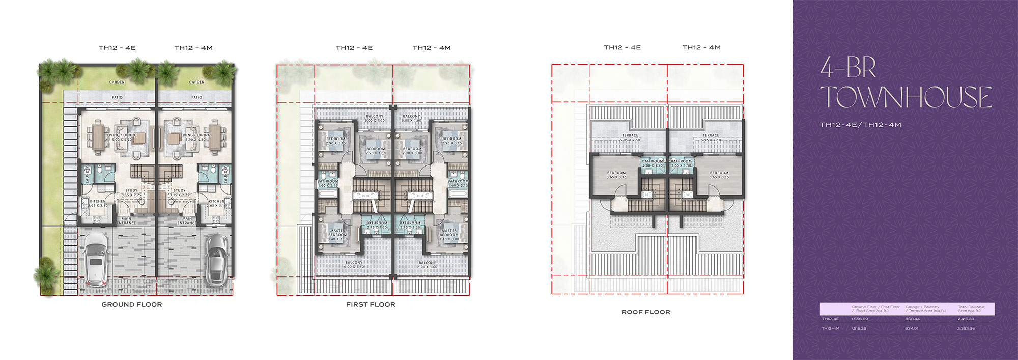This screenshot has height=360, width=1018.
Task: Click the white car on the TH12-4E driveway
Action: click(x=96, y=260)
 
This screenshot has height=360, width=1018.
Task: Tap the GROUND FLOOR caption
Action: click(x=132, y=304)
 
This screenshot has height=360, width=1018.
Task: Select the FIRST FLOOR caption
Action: click(x=371, y=304)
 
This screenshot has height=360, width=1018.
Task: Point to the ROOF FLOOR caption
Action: click(x=645, y=312)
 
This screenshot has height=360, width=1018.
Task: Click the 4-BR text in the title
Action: click(x=847, y=68)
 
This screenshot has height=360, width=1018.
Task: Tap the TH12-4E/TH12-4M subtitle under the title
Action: click(x=860, y=125)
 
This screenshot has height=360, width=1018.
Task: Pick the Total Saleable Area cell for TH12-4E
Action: click(x=966, y=319)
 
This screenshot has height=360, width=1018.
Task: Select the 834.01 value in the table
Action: click(x=912, y=329)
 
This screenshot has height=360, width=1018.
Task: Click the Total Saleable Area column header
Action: click(x=971, y=309)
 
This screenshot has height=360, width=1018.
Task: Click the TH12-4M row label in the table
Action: click(x=830, y=329)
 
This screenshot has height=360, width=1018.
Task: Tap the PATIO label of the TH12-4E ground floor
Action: click(x=117, y=97)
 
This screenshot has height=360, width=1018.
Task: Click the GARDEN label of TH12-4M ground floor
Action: click(x=196, y=82)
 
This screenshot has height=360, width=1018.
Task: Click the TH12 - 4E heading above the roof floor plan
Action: click(x=622, y=47)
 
